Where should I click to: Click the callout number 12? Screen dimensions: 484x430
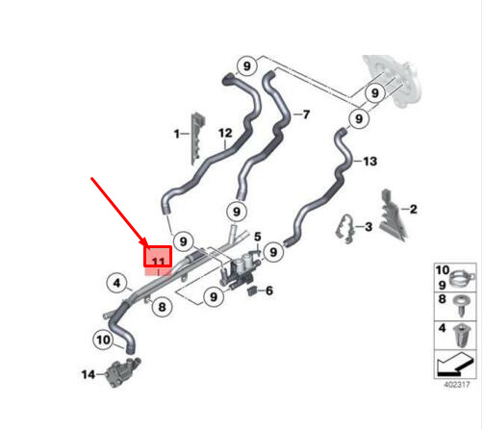click(x=225, y=133)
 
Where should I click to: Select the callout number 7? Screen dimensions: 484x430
click(x=306, y=114)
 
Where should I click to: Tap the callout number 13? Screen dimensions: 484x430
click(x=369, y=161)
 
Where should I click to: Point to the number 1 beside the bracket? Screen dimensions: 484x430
click(x=176, y=134)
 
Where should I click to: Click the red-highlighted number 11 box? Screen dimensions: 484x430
click(x=158, y=257)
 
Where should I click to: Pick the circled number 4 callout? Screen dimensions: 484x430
click(x=117, y=283)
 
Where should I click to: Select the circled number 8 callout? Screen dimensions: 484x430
click(x=162, y=307)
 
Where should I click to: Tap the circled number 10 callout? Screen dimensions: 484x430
click(x=103, y=340)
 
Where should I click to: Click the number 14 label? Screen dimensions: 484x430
click(x=89, y=374)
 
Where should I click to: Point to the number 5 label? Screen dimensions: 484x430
click(x=258, y=237)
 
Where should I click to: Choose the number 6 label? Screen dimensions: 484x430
click(x=269, y=291)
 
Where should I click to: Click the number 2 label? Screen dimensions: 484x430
click(x=414, y=209)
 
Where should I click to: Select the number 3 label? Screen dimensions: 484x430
click(x=369, y=227)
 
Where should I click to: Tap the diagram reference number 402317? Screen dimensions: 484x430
click(x=457, y=385)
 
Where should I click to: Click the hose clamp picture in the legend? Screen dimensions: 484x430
click(x=462, y=278)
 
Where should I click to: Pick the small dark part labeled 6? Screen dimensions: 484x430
click(x=252, y=291)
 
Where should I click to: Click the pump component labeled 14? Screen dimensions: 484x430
click(x=122, y=372)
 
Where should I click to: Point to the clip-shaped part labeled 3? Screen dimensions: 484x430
click(x=344, y=228)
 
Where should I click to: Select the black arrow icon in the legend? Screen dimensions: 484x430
click(x=455, y=365)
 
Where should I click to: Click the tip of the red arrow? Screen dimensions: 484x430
click(x=146, y=246)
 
